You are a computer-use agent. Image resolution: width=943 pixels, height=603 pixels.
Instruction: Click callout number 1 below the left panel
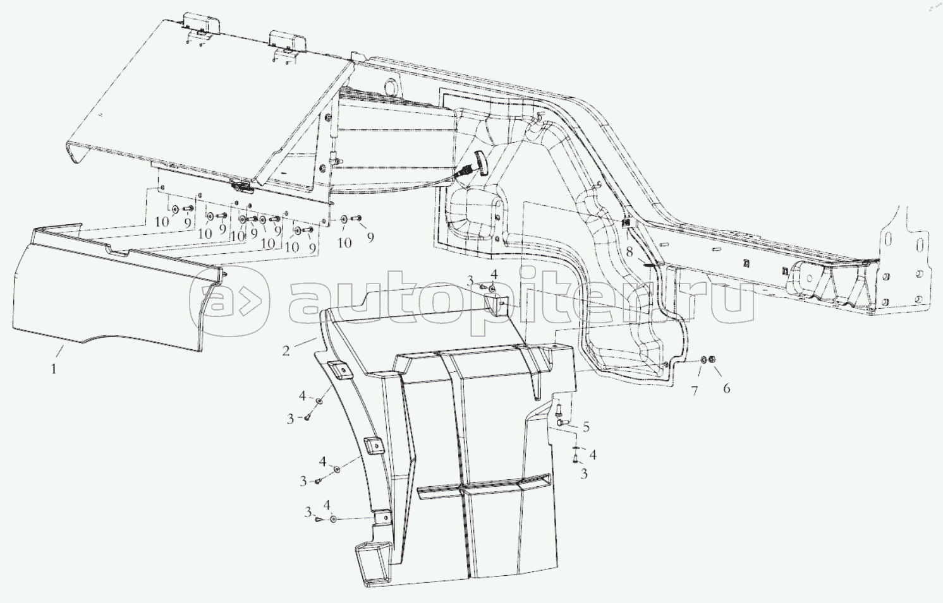pyautogui.click(x=54, y=369)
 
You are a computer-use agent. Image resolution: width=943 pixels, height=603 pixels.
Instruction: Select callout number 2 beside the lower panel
pyautogui.click(x=286, y=350)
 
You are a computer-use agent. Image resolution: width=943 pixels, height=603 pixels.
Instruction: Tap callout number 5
pyautogui.click(x=585, y=427)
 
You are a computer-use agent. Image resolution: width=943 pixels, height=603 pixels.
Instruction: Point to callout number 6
pyautogui.click(x=726, y=388)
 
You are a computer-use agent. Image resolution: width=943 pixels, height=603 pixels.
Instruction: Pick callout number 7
pyautogui.click(x=694, y=391)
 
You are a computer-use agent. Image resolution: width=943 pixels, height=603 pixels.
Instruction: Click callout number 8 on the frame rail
pyautogui.click(x=630, y=253)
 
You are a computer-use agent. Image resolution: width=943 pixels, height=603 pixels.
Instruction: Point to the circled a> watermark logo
pyautogui.click(x=229, y=302)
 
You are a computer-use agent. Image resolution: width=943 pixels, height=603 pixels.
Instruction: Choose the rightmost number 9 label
pyautogui.click(x=370, y=237)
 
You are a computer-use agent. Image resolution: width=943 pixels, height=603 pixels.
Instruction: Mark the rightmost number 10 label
pyautogui.click(x=344, y=243)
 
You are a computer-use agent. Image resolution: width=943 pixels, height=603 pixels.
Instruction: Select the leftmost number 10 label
pyautogui.click(x=162, y=222)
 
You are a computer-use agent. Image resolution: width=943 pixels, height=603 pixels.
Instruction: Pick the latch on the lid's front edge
pyautogui.click(x=243, y=187)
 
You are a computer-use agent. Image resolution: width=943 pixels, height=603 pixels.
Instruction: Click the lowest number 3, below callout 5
pyautogui.click(x=584, y=474)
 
